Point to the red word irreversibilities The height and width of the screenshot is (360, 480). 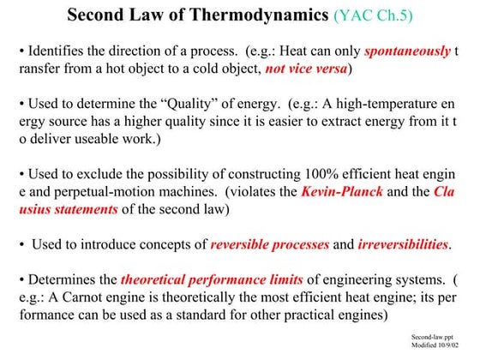pos(405,246)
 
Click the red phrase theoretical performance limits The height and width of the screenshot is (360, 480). pos(210,282)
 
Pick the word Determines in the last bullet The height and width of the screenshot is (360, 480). pos(57,282)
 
